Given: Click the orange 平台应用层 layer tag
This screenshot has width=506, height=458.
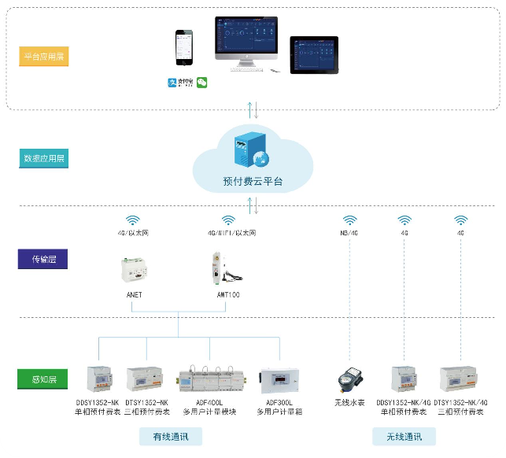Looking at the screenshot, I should (x=44, y=57).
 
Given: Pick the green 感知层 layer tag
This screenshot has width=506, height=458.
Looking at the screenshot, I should (x=42, y=381).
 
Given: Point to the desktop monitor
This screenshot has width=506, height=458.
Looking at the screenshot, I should (x=246, y=44).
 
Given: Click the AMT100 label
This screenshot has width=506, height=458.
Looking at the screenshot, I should (x=228, y=295).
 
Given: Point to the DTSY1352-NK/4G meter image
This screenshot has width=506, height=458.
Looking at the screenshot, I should (x=460, y=379).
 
